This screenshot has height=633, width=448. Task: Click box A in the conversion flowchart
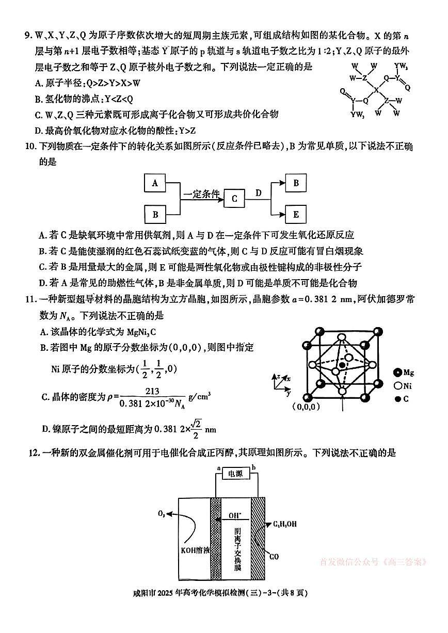tap(155, 183)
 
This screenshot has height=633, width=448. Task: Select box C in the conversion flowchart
tap(234, 198)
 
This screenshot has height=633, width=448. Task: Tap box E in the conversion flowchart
tap(296, 214)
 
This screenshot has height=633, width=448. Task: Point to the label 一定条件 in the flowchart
tap(202, 194)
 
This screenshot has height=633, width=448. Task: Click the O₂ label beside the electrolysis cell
tap(162, 514)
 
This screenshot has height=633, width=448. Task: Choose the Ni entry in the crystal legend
tap(403, 385)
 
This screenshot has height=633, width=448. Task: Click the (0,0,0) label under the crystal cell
tap(306, 407)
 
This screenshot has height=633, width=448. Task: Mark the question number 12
tap(33, 453)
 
